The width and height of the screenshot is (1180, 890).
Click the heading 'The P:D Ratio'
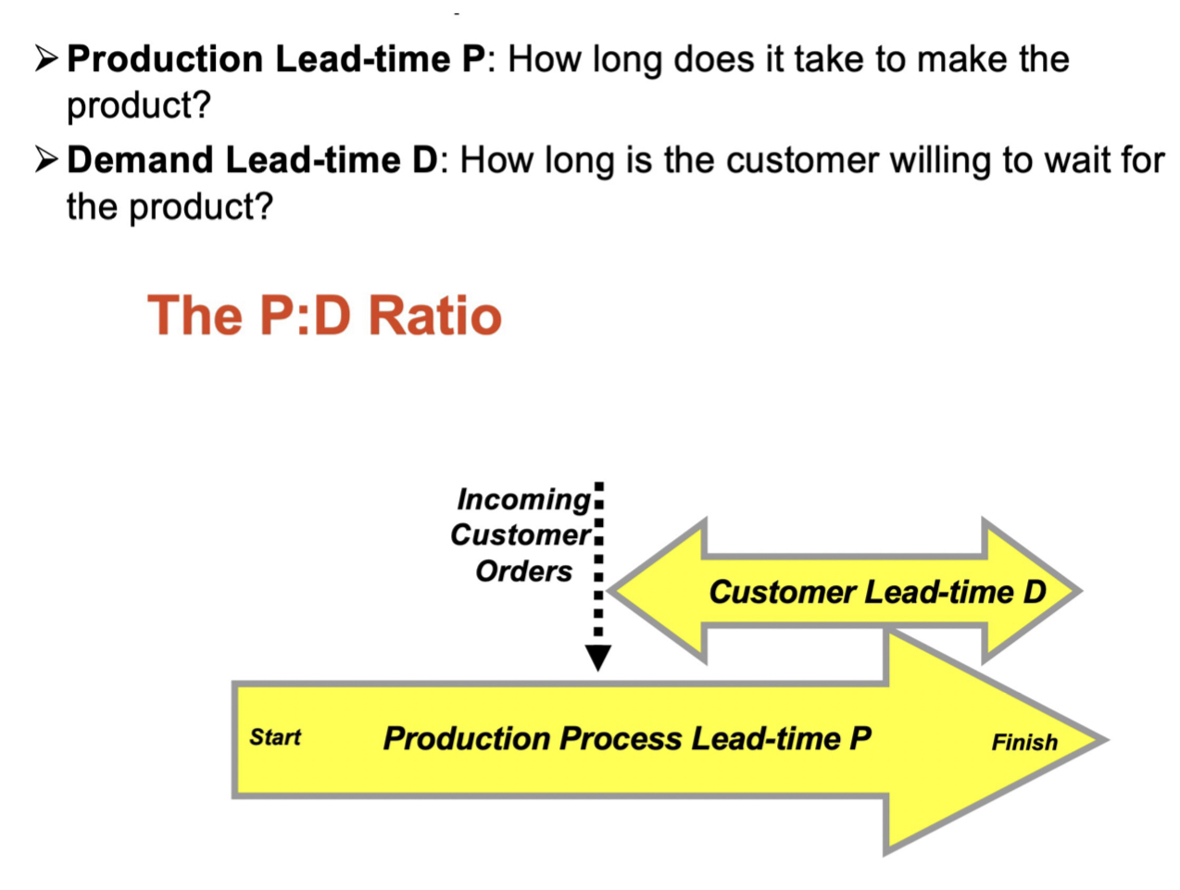324,315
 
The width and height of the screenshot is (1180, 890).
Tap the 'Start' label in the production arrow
275,737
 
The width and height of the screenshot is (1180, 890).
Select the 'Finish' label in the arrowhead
1023,742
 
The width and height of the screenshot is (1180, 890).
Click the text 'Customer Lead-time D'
876,592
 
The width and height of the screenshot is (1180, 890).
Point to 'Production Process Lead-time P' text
627,738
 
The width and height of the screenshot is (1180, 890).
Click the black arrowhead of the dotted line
598,658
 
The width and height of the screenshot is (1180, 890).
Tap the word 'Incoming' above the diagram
523,499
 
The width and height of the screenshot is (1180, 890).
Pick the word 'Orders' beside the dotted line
523,571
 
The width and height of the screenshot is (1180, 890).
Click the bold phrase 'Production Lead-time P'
275,59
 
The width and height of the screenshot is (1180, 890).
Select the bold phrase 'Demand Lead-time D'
252,160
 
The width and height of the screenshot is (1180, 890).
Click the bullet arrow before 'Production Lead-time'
46,59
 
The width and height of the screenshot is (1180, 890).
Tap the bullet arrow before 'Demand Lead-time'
46,160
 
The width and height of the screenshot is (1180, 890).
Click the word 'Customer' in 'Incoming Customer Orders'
520,535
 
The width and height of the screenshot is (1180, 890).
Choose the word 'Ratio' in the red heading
434,315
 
